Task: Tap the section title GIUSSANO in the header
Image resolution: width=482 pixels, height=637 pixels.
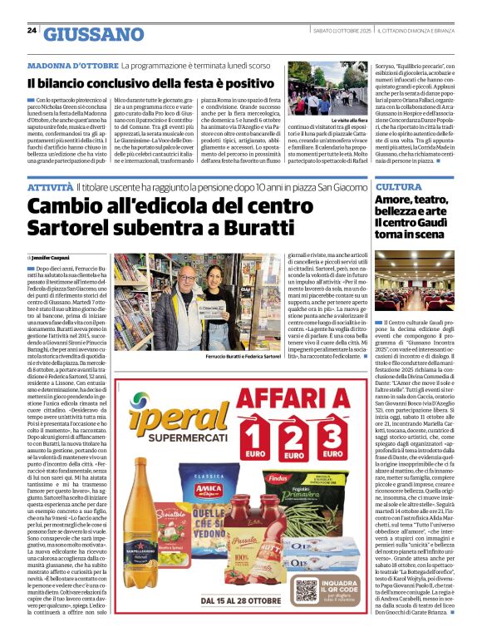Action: click(x=94, y=34)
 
